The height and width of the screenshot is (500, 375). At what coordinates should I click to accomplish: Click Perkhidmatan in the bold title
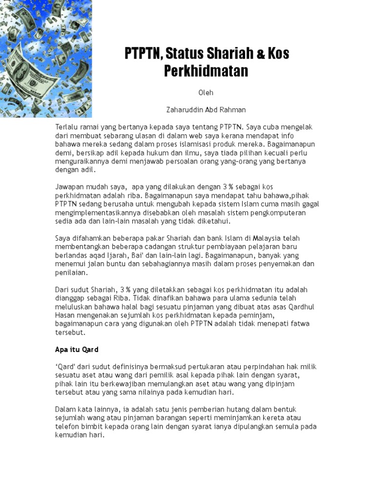[206, 71]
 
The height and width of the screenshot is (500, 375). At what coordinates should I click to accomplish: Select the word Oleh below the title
[206, 92]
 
